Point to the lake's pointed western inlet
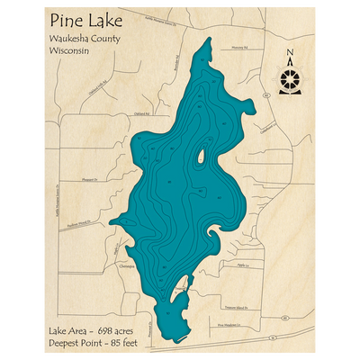111,221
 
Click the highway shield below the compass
267,94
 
